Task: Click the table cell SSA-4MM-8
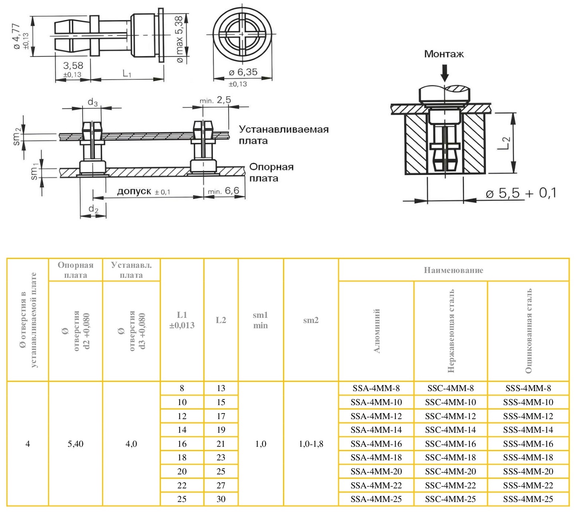(376, 388)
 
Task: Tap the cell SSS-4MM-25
(528, 499)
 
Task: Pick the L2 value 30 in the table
(221, 499)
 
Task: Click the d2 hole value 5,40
(76, 444)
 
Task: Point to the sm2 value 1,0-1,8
(311, 444)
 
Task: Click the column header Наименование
(454, 270)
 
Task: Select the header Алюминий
(377, 331)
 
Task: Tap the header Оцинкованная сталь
(528, 331)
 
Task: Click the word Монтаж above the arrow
(444, 54)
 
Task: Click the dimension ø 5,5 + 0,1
(521, 193)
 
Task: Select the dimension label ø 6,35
(243, 72)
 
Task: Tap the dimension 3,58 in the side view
(73, 66)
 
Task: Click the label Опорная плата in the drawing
(271, 173)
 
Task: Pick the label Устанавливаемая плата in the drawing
(283, 135)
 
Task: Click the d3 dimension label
(92, 102)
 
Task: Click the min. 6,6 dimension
(223, 191)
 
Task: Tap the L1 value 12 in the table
(182, 416)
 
